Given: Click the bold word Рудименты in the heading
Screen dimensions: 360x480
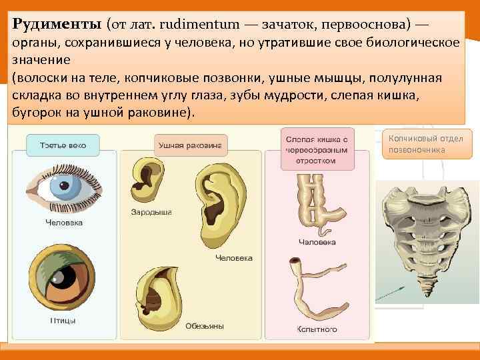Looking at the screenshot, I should click(57, 24).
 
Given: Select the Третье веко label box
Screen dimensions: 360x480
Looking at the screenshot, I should click(63, 145).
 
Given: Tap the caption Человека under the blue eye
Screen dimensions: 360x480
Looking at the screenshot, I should click(64, 223).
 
